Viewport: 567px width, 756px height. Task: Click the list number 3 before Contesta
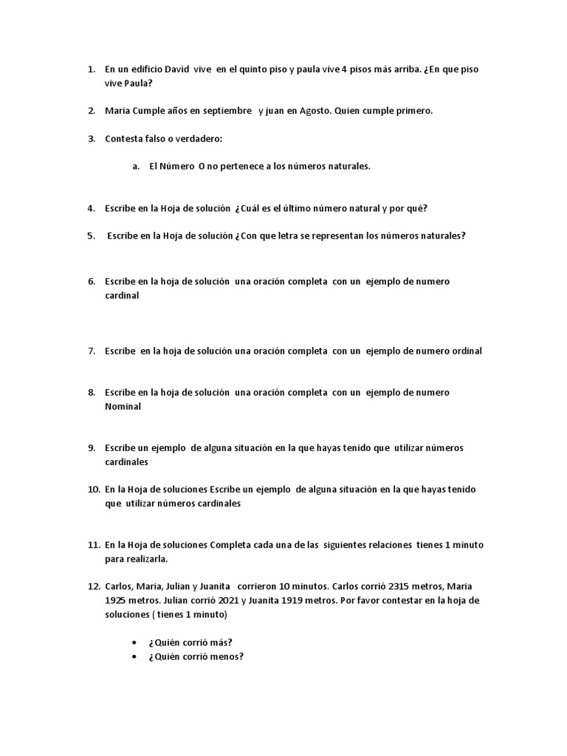pyautogui.click(x=91, y=139)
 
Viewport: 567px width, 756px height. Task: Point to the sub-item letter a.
pyautogui.click(x=136, y=166)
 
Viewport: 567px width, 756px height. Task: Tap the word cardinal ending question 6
pyautogui.click(x=122, y=295)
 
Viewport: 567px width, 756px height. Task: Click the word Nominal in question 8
pyautogui.click(x=123, y=406)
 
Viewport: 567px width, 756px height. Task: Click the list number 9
pyautogui.click(x=91, y=448)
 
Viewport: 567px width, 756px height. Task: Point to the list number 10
pyautogui.click(x=93, y=489)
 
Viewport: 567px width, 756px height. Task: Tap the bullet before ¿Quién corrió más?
pyautogui.click(x=134, y=642)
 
